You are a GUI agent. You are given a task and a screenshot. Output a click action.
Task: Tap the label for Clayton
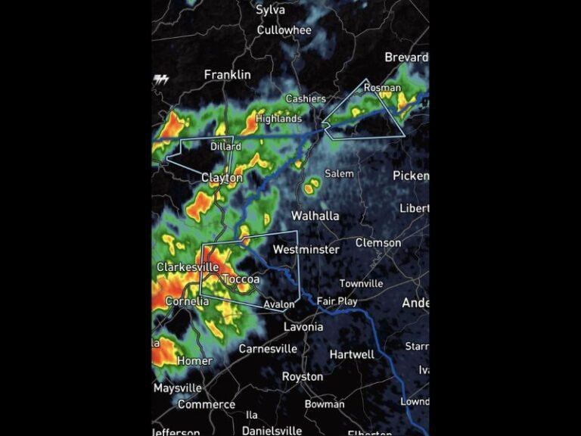[x=222, y=178]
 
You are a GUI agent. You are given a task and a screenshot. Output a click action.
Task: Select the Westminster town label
[x=306, y=249]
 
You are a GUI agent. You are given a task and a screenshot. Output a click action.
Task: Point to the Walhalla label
[x=315, y=216]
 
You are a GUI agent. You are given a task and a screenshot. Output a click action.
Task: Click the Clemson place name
[x=378, y=242]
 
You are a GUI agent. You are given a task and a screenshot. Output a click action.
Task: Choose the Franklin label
[x=227, y=74]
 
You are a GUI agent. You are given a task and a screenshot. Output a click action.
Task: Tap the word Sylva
[x=270, y=10]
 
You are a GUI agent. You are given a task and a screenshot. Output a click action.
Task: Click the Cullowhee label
[x=284, y=30]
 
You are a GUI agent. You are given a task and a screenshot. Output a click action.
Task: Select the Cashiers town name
[x=306, y=98]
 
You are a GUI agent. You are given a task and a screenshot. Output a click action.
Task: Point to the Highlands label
[x=278, y=119]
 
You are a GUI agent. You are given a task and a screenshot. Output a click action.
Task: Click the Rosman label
[x=382, y=88]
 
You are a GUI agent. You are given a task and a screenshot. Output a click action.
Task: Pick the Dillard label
[x=225, y=146]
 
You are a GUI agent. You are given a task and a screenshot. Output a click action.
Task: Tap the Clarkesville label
[x=188, y=267]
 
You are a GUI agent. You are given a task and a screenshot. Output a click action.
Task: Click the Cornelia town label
[x=186, y=301]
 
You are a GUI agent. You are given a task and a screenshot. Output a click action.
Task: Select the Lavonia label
[x=303, y=326]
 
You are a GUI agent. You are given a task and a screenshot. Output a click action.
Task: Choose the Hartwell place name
[x=352, y=354]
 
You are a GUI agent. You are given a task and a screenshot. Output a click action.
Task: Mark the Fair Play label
[x=337, y=301]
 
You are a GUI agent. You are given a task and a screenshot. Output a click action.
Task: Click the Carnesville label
[x=268, y=349]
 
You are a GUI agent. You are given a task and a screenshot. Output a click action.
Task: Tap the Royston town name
[x=302, y=376]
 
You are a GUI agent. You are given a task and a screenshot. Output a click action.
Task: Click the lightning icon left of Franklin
[x=160, y=78]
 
